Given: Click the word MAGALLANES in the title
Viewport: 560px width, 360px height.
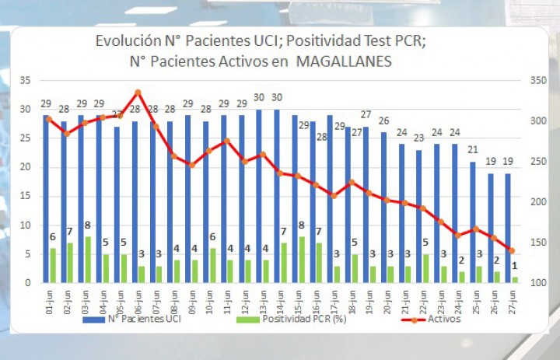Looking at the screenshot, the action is point(344,61).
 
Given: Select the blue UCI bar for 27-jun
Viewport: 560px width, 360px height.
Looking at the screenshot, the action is point(508,228).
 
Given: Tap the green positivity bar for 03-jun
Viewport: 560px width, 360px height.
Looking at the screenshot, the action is point(88,260).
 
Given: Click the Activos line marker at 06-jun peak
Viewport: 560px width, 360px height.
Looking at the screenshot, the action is point(138,93).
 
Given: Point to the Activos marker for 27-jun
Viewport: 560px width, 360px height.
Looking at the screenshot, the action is point(512,250).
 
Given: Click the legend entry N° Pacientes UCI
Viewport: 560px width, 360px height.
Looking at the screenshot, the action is point(131,319).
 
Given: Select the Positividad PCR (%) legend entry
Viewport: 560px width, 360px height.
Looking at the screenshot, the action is point(292,319).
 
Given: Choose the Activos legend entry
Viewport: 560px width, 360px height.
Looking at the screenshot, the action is point(431,319).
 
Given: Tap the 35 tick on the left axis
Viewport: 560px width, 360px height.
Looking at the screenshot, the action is point(26,80).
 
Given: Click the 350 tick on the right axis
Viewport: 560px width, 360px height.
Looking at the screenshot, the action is point(538,80).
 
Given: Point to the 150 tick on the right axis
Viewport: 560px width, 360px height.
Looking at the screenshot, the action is point(538,243).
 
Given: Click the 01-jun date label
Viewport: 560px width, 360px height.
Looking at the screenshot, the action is point(50,302).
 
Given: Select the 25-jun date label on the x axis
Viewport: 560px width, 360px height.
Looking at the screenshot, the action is point(476,302).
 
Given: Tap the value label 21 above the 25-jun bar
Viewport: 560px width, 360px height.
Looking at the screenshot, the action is point(473,150).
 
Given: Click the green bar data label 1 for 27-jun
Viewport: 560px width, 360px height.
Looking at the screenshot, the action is point(515,266).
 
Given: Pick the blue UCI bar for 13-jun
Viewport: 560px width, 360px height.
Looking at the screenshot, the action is point(259,196).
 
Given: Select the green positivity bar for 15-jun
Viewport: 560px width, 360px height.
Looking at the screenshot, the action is point(302,260).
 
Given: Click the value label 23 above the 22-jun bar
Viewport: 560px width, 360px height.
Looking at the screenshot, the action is point(419,138).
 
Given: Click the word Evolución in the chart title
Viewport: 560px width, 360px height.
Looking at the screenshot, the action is point(128,40).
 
